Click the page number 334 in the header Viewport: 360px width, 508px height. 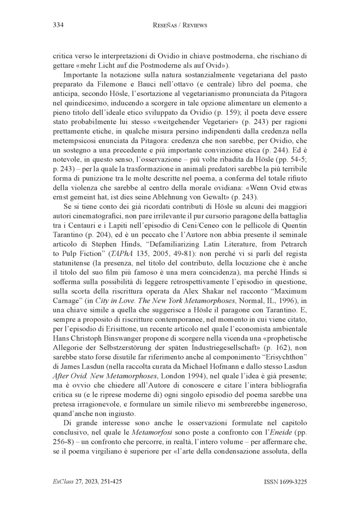click(x=58, y=26)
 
